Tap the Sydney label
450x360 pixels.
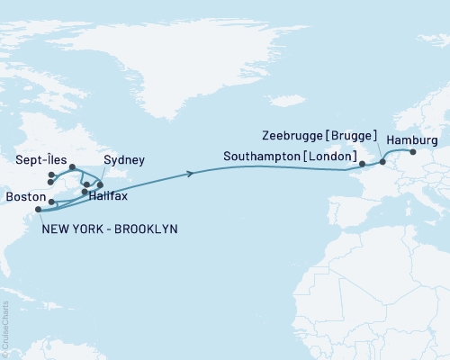coord(122,160)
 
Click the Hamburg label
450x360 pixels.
coord(411,141)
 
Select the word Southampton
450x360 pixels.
coord(262,157)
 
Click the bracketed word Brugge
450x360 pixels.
coord(352,136)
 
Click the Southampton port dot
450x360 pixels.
coord(362,165)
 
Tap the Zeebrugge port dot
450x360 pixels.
coord(382,162)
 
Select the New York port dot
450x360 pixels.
coord(38,211)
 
